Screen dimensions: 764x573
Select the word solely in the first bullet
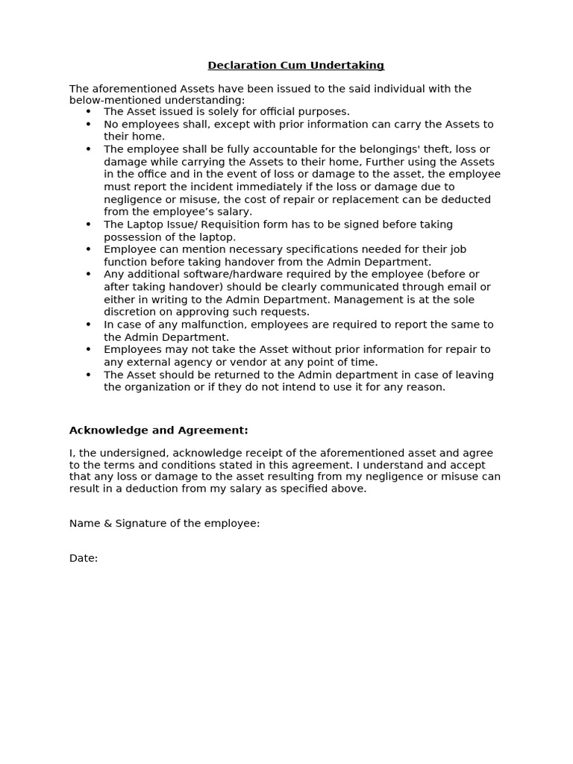(203, 112)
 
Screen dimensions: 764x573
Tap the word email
(461, 287)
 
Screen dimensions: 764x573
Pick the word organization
(159, 387)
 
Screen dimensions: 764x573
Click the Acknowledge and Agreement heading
(159, 430)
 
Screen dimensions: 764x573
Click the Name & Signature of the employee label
(165, 524)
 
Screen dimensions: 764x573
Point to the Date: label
(84, 558)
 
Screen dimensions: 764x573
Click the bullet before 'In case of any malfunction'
(88, 325)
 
